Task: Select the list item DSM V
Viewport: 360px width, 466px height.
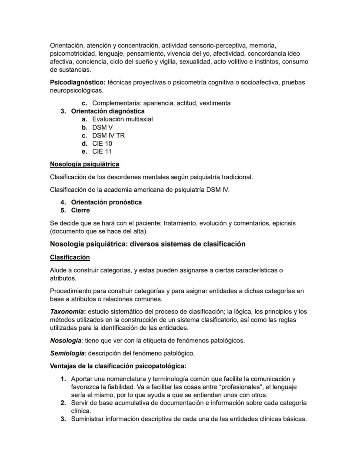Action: (x=102, y=127)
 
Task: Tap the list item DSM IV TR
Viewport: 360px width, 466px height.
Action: (x=108, y=135)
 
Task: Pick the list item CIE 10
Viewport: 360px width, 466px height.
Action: (x=102, y=143)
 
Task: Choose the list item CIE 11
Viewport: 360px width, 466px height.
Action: (x=102, y=151)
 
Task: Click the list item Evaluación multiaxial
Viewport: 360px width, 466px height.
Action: (x=122, y=119)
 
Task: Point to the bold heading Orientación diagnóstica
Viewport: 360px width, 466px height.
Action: (x=108, y=111)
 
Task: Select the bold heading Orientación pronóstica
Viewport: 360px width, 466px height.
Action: (x=106, y=202)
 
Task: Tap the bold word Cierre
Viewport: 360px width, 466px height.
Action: (x=80, y=210)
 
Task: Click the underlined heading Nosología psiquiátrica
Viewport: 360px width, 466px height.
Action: (x=84, y=164)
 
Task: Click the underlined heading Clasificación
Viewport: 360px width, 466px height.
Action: (x=70, y=257)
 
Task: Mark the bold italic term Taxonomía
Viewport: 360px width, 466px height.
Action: (x=67, y=312)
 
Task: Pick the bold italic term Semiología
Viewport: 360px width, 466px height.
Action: (x=66, y=353)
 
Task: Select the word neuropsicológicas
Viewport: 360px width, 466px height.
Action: (x=76, y=91)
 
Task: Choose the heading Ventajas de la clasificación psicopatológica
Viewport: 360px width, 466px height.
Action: (x=118, y=366)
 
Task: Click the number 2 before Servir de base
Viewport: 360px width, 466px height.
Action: (x=63, y=403)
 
